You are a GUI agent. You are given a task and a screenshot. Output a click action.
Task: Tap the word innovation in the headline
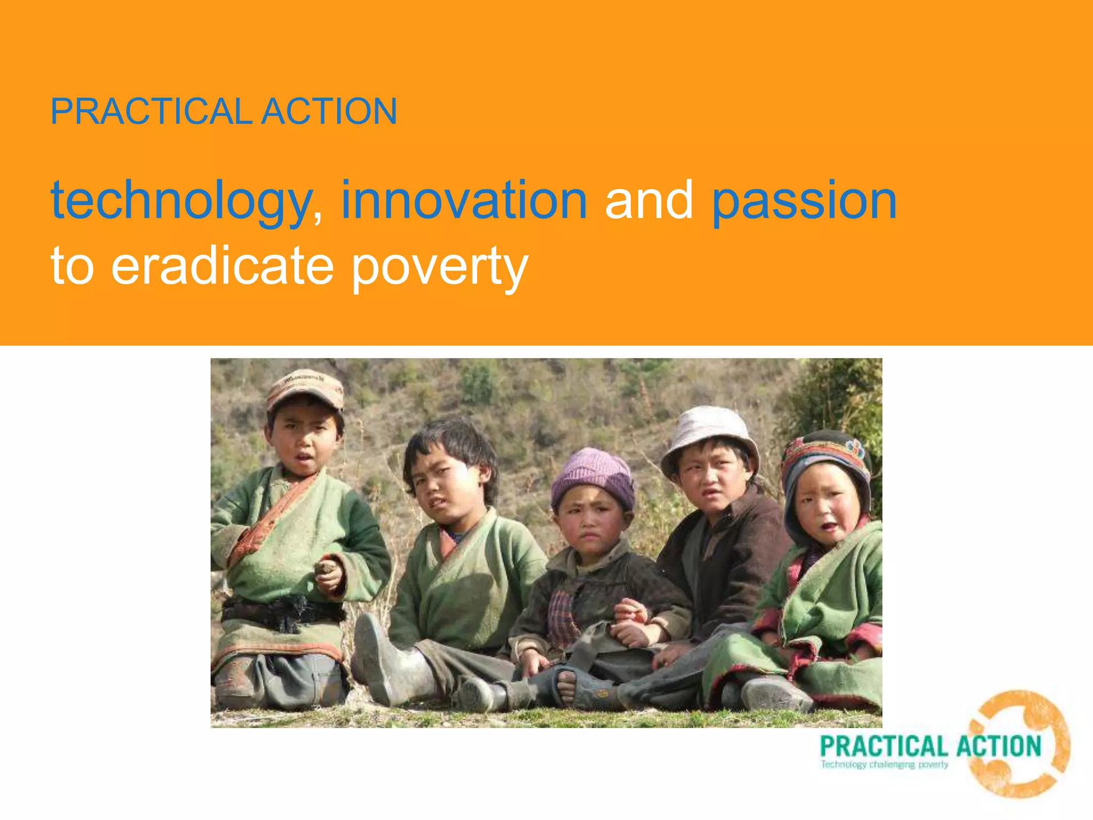464,201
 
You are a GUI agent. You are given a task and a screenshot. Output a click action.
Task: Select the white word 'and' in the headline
648,201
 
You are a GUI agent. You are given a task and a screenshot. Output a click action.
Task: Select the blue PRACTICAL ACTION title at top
224,112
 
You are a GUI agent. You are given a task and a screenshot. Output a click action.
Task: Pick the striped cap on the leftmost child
305,388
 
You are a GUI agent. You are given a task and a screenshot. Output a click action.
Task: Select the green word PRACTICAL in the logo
883,746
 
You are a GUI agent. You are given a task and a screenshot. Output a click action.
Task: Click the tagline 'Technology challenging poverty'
884,764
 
